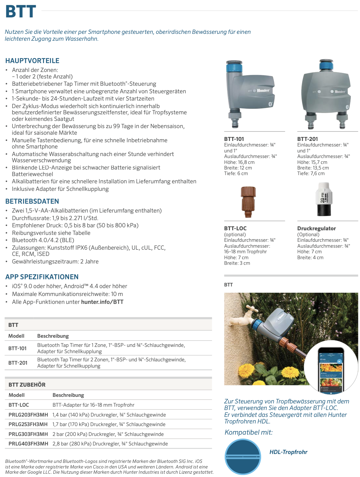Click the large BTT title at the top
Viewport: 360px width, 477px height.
click(21, 11)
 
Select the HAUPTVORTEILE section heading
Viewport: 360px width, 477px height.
click(32, 61)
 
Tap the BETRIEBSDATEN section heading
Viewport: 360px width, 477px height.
click(32, 201)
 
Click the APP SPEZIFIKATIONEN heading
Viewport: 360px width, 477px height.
click(42, 277)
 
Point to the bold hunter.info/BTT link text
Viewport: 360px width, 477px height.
click(102, 302)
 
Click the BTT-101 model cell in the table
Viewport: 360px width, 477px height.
click(17, 348)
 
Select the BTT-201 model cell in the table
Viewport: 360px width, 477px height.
click(18, 363)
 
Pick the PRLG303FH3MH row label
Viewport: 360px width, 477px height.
click(28, 434)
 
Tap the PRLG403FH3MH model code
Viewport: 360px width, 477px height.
click(28, 444)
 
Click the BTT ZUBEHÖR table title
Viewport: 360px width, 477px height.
click(27, 385)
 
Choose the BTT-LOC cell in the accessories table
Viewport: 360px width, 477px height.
click(19, 405)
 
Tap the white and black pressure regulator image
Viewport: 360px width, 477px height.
click(324, 199)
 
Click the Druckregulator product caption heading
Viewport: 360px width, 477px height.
click(316, 228)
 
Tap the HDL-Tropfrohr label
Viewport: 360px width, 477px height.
click(288, 452)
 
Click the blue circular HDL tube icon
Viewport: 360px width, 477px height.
click(243, 457)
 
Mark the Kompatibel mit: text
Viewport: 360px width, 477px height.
click(249, 432)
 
